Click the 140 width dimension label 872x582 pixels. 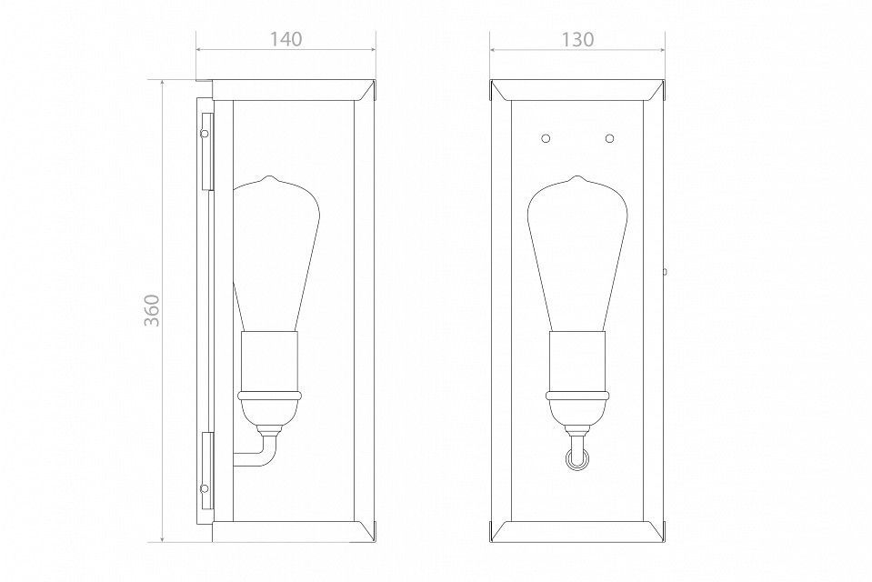click(286, 39)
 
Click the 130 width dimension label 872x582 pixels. click(577, 39)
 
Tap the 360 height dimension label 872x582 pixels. click(152, 310)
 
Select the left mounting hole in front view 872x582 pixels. click(546, 137)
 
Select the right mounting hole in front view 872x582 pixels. click(610, 137)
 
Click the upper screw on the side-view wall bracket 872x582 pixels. click(205, 134)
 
